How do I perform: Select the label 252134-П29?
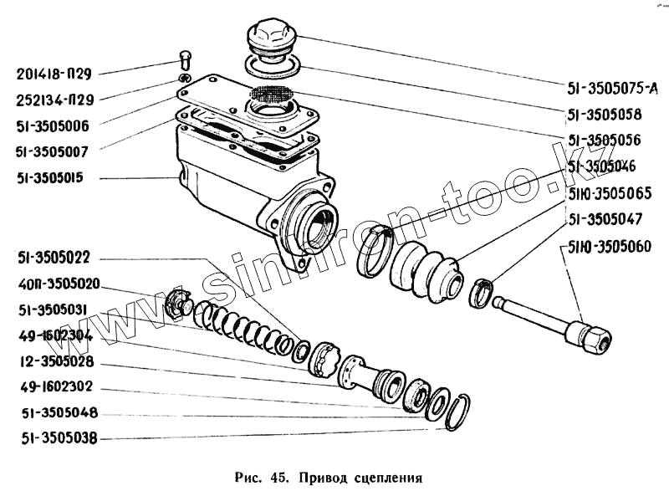click(x=55, y=100)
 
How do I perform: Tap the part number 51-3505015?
click(x=55, y=178)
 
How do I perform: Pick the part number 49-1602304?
click(x=55, y=337)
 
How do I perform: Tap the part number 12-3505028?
click(x=55, y=362)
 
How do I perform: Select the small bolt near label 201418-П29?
click(x=186, y=60)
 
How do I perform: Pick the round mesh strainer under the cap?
click(x=272, y=95)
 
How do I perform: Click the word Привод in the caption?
click(x=322, y=479)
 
